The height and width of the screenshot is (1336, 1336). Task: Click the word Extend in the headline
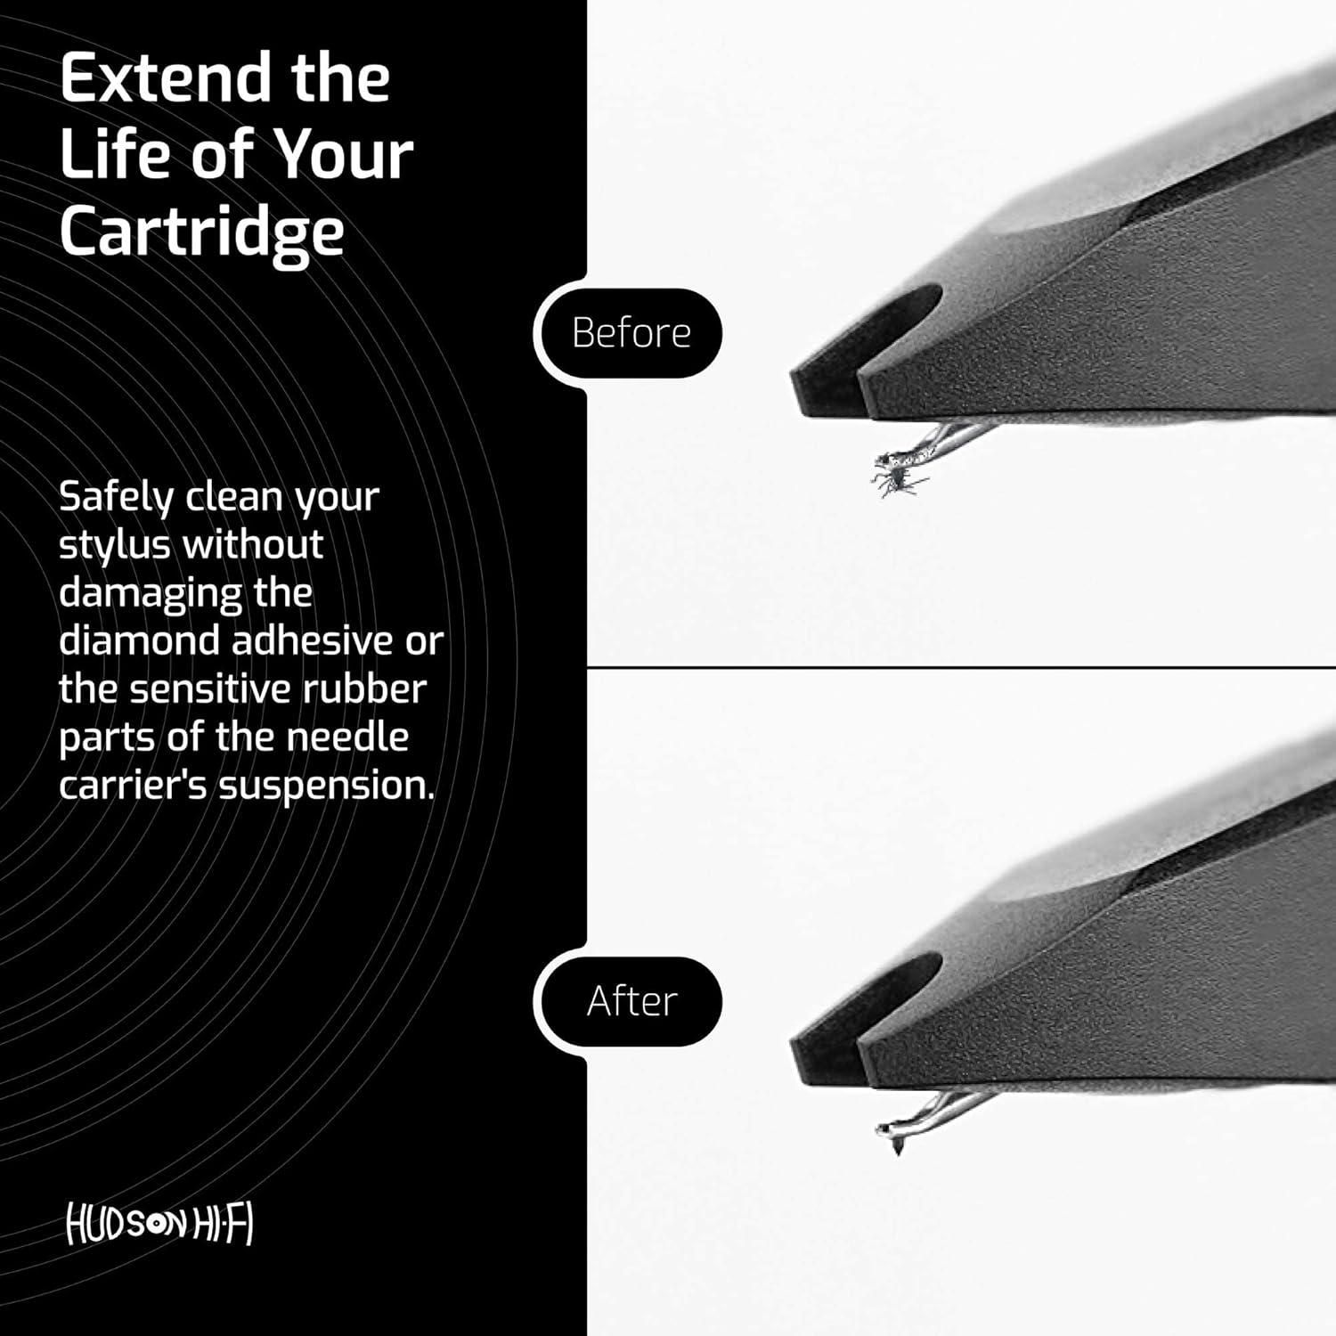click(x=167, y=78)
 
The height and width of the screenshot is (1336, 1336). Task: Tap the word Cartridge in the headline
click(x=201, y=232)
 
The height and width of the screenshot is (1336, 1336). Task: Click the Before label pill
click(x=631, y=333)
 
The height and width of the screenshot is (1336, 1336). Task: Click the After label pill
click(x=631, y=1001)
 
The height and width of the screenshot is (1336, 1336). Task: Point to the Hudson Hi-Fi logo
click(x=160, y=1226)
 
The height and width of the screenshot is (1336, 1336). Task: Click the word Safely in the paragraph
click(x=116, y=497)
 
